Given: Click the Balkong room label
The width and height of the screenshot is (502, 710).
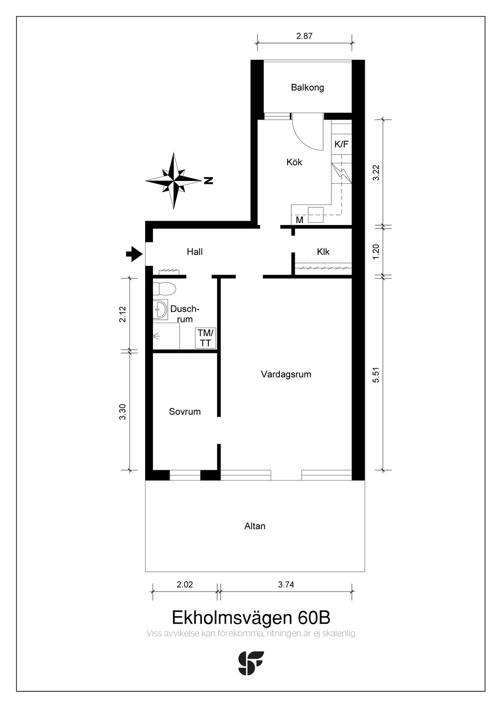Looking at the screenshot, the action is [307, 87].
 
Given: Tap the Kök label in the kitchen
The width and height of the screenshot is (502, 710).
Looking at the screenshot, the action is [294, 162].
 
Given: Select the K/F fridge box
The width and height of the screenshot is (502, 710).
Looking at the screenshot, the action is [342, 144].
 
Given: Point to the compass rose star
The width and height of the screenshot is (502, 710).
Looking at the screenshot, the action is [174, 180].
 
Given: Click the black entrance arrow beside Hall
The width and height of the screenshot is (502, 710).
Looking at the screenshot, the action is [134, 254].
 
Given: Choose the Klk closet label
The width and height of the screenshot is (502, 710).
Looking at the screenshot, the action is [323, 252].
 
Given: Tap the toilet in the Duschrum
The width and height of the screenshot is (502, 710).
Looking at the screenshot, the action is [164, 289].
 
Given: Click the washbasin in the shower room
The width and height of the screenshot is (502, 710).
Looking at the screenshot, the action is [160, 309].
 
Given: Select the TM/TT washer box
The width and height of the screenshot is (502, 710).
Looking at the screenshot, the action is [206, 338].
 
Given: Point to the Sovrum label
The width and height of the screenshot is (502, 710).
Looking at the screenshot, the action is [185, 411].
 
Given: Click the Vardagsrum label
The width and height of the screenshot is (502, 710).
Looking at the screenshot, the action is [286, 374].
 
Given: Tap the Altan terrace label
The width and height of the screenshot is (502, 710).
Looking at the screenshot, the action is [255, 526].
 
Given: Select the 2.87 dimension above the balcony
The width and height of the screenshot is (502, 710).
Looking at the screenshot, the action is [304, 36].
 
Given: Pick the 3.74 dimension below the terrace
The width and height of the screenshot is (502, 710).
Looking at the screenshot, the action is [286, 584].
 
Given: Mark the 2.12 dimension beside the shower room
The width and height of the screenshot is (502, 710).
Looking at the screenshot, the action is [123, 314].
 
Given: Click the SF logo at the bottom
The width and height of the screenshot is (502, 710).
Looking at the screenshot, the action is [251, 663].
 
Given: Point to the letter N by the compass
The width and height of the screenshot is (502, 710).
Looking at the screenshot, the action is [208, 180].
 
